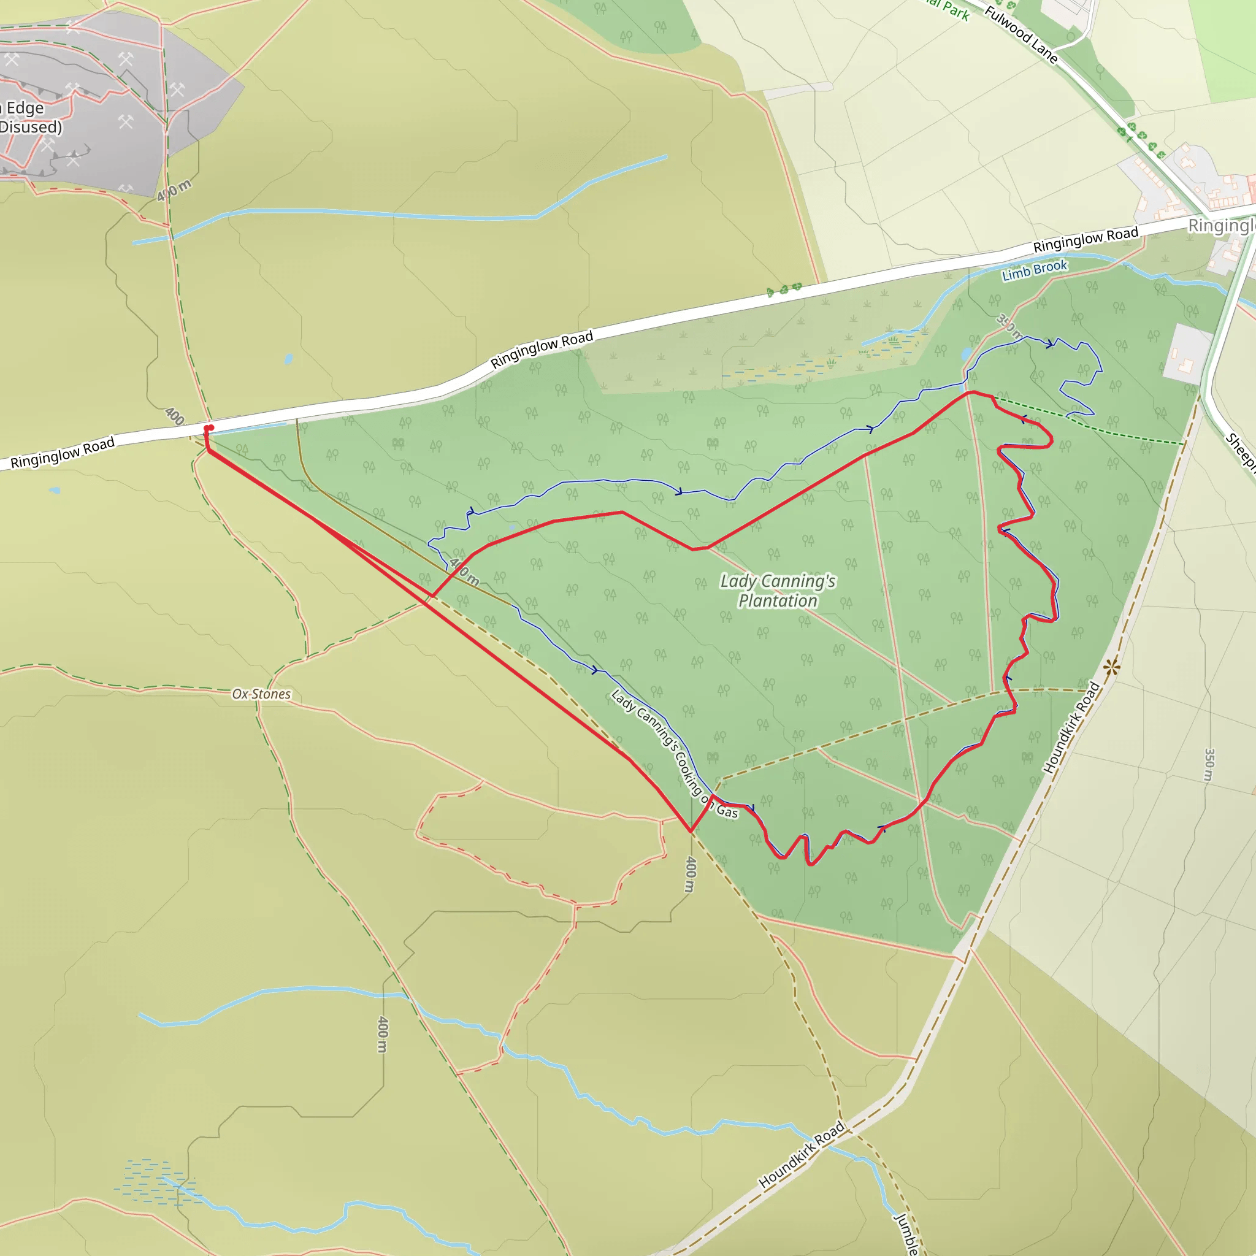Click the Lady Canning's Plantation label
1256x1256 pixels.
pos(778,591)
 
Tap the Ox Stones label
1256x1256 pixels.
pos(261,694)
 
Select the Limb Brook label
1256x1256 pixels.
pos(1035,270)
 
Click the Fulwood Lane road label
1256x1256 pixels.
pos(1020,34)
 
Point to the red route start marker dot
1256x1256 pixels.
pos(208,429)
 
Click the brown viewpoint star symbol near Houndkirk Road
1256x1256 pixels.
pos(1111,667)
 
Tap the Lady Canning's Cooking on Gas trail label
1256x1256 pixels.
pos(674,754)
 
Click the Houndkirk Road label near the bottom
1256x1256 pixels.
pos(802,1155)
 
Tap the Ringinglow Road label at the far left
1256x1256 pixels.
pos(63,453)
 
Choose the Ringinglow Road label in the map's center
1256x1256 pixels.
pos(542,349)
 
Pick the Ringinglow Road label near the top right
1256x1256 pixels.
pos(1086,239)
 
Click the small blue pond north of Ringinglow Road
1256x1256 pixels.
pos(288,358)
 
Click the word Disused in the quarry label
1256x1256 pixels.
pos(31,127)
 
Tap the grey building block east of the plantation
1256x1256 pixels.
pos(1187,353)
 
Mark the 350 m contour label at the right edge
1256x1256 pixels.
pos(1209,765)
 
